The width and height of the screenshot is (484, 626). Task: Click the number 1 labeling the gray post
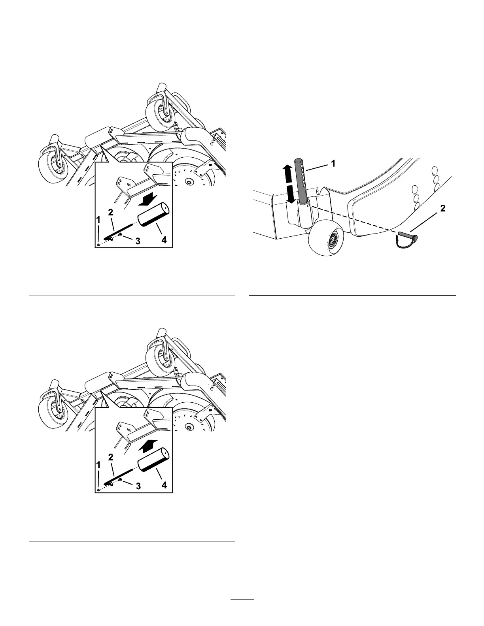(x=333, y=163)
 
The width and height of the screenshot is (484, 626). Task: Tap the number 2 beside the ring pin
(x=442, y=209)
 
